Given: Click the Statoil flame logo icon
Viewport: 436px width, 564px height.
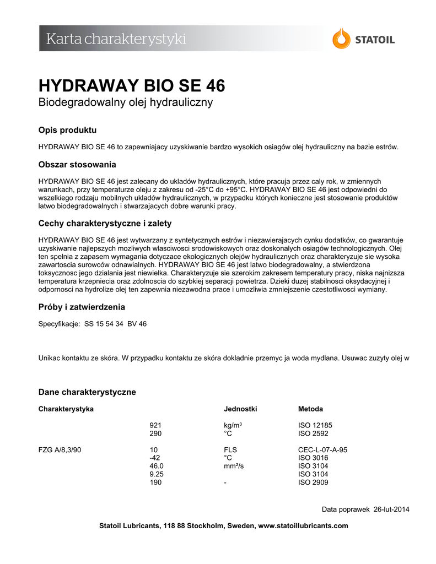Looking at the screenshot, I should (341, 39).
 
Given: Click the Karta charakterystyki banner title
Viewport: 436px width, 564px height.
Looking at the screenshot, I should (116, 39).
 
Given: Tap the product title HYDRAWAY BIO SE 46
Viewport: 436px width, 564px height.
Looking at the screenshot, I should (132, 86).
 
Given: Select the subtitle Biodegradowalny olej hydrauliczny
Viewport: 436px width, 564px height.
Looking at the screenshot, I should (125, 103).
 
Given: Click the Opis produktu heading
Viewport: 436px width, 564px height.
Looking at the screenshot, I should (67, 131).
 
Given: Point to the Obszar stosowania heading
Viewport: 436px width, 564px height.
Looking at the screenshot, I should (77, 165).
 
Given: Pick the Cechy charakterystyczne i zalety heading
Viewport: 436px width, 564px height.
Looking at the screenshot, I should (105, 224).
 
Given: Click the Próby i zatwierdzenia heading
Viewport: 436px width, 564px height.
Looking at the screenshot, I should (82, 307).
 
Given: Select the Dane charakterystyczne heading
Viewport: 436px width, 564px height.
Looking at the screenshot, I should (87, 392).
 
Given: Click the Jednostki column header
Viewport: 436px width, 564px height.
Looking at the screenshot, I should (240, 409).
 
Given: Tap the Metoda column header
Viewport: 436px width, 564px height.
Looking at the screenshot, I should (310, 409).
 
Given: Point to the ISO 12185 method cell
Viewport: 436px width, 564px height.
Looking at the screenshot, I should (315, 426).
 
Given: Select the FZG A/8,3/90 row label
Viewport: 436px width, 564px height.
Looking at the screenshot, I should (60, 450).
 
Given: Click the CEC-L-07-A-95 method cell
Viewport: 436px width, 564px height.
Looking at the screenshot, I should (322, 450).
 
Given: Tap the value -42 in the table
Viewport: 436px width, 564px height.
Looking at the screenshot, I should (155, 458).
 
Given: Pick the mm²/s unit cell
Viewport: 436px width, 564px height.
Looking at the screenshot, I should (234, 467).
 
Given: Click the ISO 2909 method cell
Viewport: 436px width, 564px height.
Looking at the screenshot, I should (313, 483).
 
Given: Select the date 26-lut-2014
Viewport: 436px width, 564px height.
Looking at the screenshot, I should (391, 509).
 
